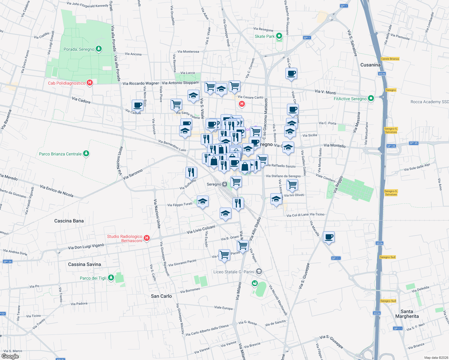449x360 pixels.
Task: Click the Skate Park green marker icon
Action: coord(279,36)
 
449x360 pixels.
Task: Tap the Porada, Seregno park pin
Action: coord(98,49)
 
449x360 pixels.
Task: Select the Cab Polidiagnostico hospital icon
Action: coord(89,83)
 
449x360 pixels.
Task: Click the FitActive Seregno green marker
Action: coord(371,98)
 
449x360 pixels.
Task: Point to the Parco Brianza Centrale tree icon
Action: coord(86,154)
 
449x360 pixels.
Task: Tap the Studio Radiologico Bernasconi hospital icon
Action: coord(147,238)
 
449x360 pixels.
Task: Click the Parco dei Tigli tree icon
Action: coord(111,278)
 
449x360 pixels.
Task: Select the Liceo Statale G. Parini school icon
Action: coord(259,272)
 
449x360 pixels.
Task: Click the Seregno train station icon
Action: coord(224,184)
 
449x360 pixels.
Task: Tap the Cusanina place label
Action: coord(370,65)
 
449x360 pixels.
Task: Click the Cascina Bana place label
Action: coord(69,221)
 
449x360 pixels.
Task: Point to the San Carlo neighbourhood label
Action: coord(161,296)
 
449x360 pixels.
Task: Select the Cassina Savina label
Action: coord(85,264)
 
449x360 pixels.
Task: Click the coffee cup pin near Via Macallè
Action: coord(329,237)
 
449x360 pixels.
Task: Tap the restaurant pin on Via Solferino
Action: coord(191,172)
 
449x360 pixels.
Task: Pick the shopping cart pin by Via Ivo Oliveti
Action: coord(292,184)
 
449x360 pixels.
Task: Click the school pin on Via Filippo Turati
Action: coord(203,201)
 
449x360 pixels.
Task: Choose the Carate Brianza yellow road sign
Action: coord(390,59)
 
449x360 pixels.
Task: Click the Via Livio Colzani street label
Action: coord(201,229)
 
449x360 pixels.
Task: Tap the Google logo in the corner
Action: coord(10,356)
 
